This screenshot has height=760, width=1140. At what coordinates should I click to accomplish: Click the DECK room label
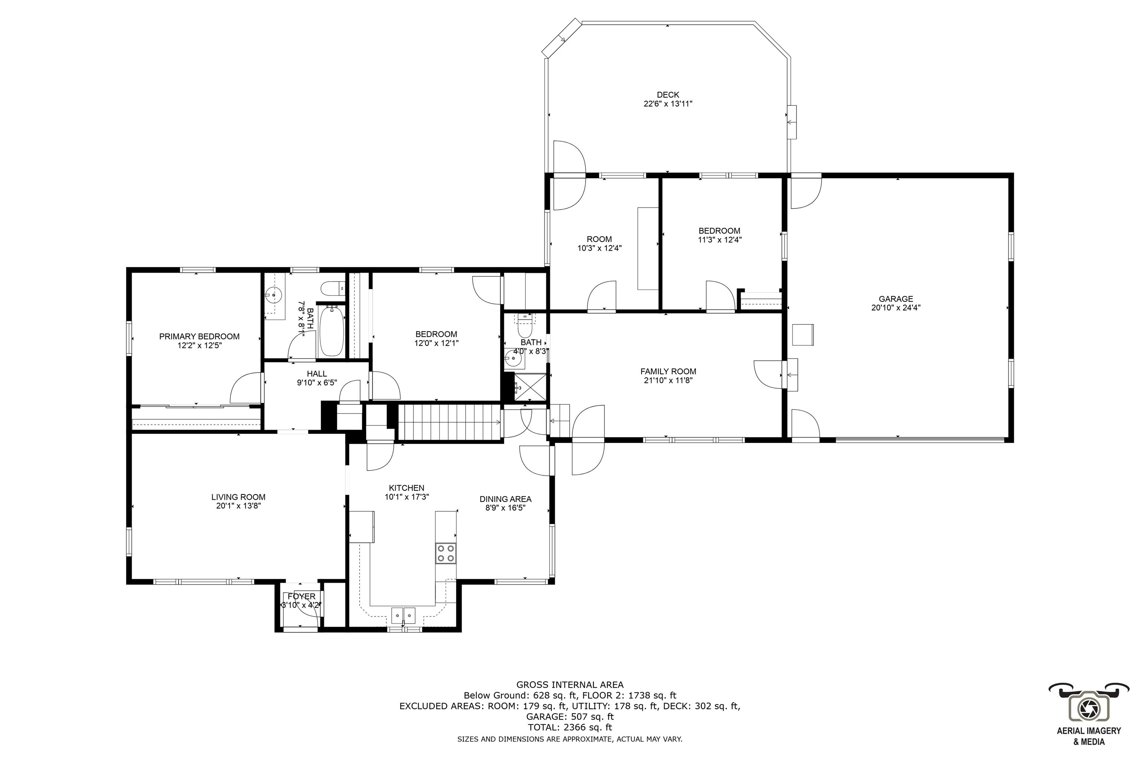coord(667,95)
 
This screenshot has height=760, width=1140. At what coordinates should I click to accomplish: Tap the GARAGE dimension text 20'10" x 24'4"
coord(895,307)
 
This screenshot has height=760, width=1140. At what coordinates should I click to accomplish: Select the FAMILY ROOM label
coord(668,371)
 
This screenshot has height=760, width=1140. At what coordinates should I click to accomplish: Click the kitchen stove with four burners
coord(445,553)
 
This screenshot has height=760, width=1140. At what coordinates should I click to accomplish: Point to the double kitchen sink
coord(403,616)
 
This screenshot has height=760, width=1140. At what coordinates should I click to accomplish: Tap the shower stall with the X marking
coord(525,388)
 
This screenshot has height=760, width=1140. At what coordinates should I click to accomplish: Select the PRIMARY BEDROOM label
coord(199,336)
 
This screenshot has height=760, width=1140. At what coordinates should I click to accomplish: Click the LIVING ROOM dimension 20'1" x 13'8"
coord(238,506)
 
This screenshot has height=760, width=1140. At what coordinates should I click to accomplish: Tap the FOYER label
coord(301,596)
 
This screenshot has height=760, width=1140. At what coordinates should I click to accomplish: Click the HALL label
coord(317,374)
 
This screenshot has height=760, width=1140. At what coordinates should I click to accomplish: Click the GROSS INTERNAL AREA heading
coord(570,685)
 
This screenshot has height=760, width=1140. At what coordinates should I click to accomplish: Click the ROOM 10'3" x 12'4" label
coord(599,239)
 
